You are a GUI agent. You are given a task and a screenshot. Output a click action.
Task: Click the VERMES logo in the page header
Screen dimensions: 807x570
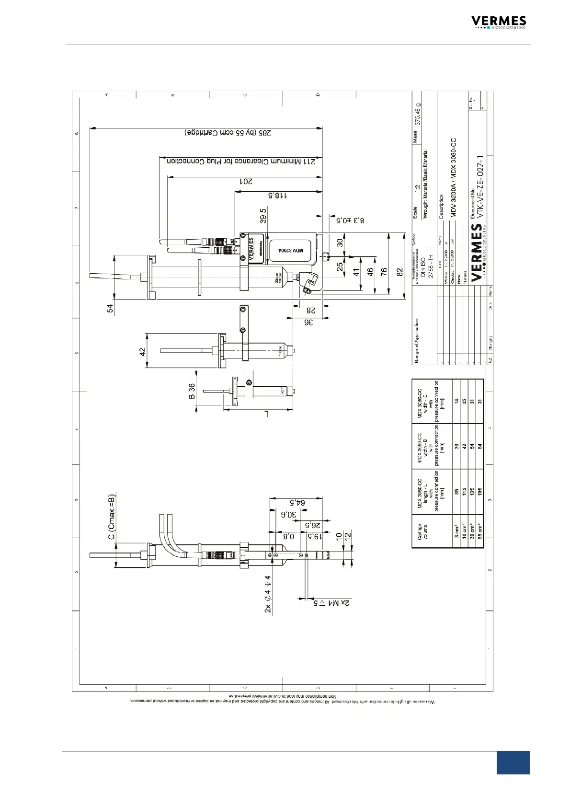click(x=498, y=22)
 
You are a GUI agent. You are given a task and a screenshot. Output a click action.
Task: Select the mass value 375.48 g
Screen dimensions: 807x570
click(x=419, y=115)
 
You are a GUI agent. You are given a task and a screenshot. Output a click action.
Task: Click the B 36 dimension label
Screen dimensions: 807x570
click(x=192, y=391)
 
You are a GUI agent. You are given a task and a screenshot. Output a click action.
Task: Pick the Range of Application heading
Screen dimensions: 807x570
click(x=417, y=341)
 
